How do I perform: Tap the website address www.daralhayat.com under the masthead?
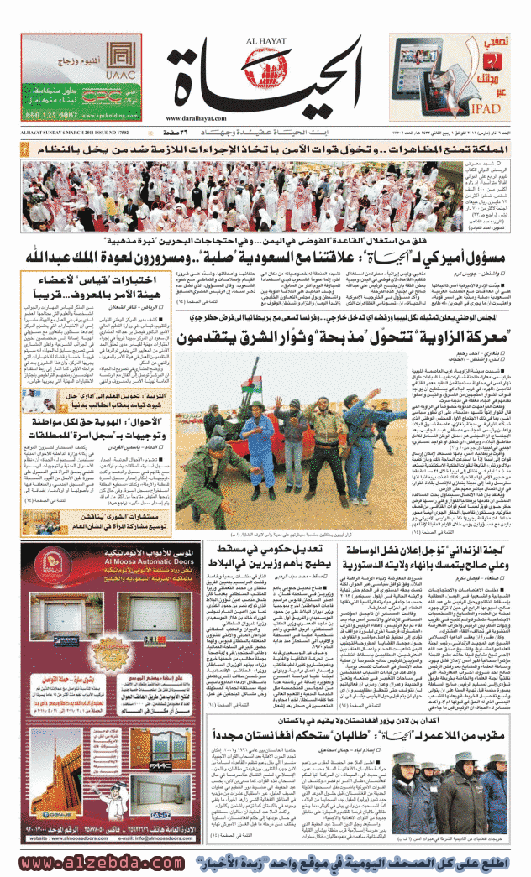(x=195, y=118)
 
